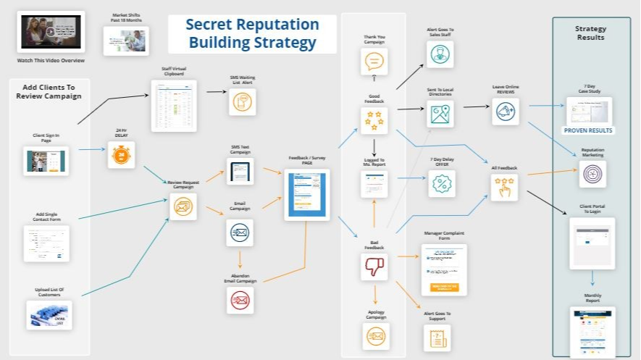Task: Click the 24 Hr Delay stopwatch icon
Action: click(121, 155)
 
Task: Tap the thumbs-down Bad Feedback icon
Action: click(374, 266)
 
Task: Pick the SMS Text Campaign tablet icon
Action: click(240, 172)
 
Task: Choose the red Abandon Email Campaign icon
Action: click(240, 300)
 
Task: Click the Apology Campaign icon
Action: click(374, 335)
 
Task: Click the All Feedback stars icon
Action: click(505, 188)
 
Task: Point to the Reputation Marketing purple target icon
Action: click(592, 174)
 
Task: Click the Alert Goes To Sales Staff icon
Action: click(440, 54)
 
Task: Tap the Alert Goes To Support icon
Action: click(437, 338)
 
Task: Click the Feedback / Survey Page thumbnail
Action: click(307, 194)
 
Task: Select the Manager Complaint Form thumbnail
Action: click(444, 269)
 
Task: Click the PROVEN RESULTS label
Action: click(588, 130)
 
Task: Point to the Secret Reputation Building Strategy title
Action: click(252, 33)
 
